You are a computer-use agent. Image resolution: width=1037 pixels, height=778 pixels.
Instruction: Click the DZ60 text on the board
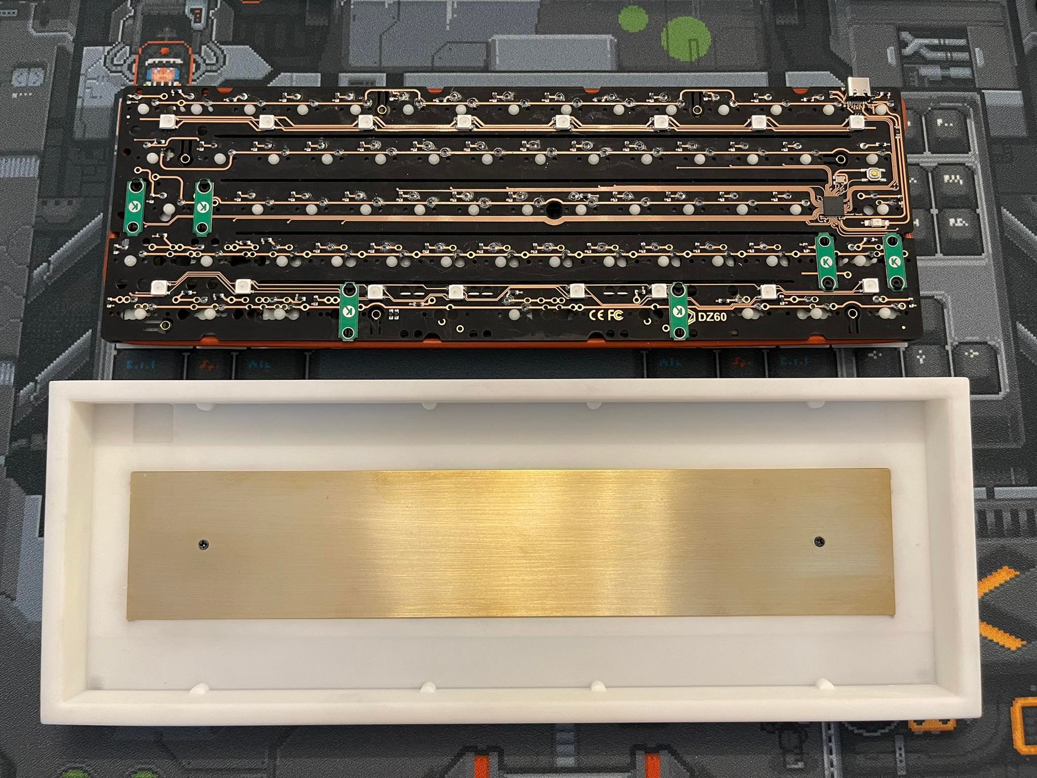coord(712,317)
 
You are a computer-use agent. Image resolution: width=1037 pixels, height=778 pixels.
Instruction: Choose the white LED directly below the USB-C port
coord(855,122)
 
